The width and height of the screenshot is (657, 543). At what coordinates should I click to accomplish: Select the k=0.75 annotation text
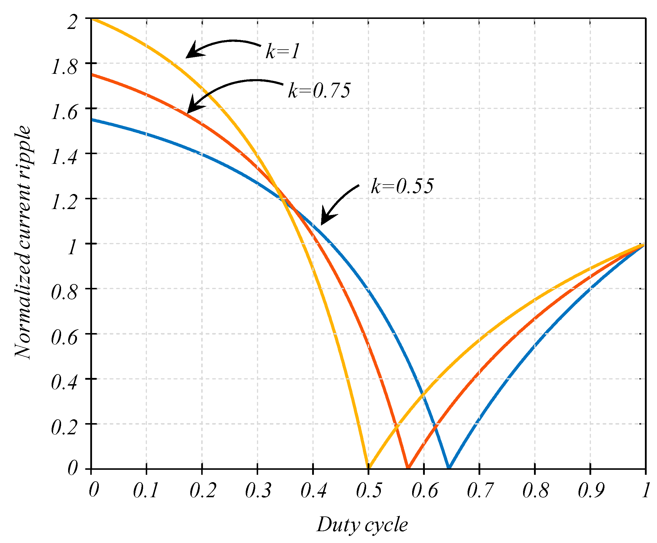[319, 91]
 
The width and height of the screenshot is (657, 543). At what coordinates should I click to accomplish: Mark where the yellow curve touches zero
[368, 468]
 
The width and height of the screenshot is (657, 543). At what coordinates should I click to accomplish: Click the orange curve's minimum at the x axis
[408, 468]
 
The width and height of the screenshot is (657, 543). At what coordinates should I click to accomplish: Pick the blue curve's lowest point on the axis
[449, 468]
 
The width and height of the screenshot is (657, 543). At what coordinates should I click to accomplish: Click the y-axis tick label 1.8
[64, 67]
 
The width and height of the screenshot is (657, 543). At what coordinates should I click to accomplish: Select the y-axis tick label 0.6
[64, 337]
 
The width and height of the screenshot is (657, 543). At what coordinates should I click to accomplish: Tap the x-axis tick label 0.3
[258, 490]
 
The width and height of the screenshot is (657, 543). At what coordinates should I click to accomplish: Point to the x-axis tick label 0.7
[480, 490]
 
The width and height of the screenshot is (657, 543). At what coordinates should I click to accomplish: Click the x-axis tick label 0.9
[590, 490]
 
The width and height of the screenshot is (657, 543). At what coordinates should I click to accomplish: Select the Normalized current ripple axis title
[22, 242]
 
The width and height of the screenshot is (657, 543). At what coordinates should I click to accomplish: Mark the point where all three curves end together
[645, 244]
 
